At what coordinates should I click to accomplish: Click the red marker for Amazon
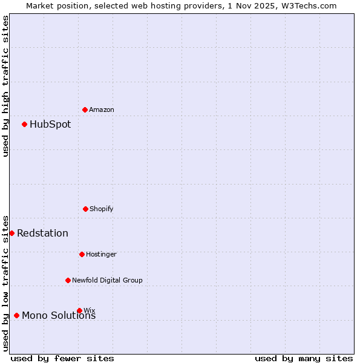[85, 110]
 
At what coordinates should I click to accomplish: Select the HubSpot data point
[25, 125]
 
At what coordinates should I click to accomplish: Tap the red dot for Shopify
[85, 209]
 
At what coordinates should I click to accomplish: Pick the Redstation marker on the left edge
[11, 234]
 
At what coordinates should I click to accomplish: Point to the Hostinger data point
[82, 254]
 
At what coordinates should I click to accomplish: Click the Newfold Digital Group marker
[68, 280]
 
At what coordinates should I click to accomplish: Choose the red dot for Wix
[79, 310]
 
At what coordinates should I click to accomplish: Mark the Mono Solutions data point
[16, 315]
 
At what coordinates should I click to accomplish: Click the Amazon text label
[102, 110]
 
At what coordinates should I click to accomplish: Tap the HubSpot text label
[50, 125]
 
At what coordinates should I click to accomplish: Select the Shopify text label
[102, 209]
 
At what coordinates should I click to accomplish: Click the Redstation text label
[42, 234]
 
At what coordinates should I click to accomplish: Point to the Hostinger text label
[101, 254]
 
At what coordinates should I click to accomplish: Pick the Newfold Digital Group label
[107, 280]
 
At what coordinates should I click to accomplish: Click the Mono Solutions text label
[59, 316]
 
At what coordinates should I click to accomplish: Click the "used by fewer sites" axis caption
[62, 358]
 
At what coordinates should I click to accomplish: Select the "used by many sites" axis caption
[304, 358]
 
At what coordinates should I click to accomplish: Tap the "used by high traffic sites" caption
[5, 86]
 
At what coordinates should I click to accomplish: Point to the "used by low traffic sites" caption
[5, 283]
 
